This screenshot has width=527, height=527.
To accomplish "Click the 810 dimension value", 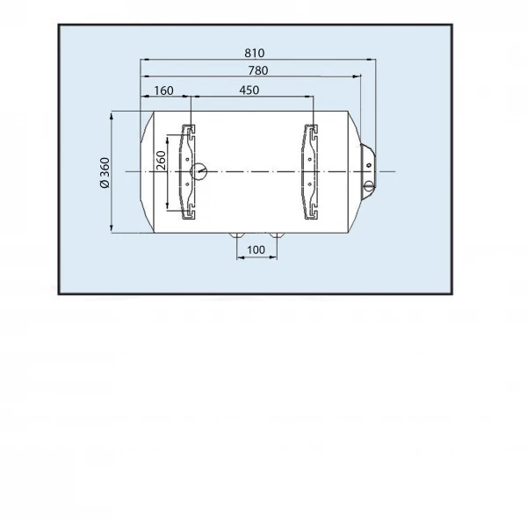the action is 255,53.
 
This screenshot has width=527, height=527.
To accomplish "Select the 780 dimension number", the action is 258,70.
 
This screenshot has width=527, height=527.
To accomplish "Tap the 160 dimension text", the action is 163,90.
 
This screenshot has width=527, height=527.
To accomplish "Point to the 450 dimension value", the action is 249,90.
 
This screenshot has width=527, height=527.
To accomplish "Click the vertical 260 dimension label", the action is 161,161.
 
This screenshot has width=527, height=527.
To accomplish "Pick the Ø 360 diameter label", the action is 105,173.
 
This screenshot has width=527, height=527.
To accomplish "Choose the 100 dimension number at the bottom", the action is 256,250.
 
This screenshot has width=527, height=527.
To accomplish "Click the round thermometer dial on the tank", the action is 199,172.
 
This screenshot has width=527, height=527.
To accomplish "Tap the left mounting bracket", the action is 188,172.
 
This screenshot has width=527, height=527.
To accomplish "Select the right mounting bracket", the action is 311,172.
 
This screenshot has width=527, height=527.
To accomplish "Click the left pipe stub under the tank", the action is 237,235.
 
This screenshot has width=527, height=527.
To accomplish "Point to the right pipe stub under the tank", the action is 277,235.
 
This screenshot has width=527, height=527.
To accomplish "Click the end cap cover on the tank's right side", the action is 368,166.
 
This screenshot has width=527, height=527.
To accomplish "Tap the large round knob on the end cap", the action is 369,186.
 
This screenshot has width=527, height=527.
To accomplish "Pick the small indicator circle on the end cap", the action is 369,165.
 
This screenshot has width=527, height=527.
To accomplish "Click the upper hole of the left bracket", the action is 187,159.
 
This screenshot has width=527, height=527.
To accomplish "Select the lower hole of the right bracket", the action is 309,184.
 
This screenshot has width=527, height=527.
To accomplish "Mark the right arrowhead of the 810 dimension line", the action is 371,60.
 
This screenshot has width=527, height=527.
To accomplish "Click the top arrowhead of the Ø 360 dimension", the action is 112,116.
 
